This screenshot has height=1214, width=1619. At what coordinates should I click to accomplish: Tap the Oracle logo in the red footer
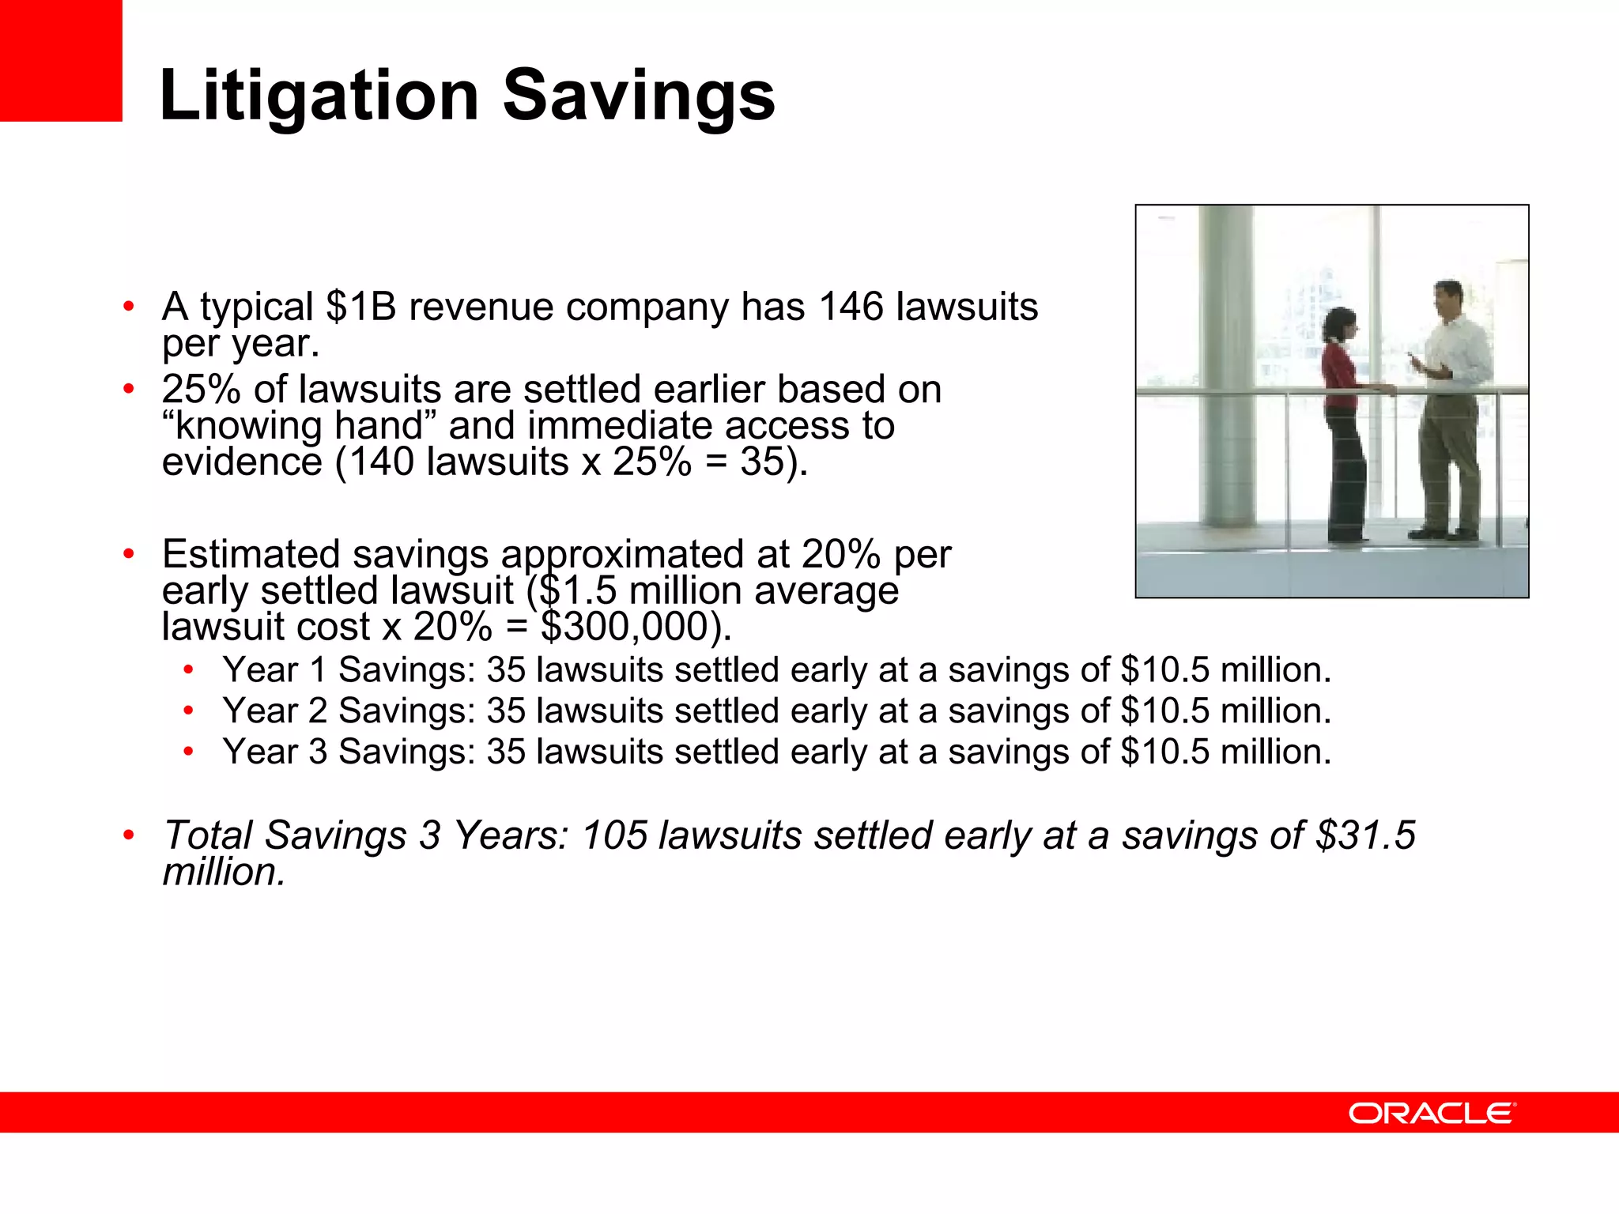(1432, 1113)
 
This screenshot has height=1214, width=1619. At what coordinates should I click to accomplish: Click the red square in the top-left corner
(61, 60)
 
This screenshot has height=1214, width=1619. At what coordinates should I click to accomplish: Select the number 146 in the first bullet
(850, 307)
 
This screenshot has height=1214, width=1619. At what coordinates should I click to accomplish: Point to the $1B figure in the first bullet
(360, 307)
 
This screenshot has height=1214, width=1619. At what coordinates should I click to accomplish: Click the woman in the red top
(1343, 419)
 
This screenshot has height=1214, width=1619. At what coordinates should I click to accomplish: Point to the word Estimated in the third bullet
(251, 555)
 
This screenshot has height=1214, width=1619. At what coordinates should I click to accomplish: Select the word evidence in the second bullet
(242, 462)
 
